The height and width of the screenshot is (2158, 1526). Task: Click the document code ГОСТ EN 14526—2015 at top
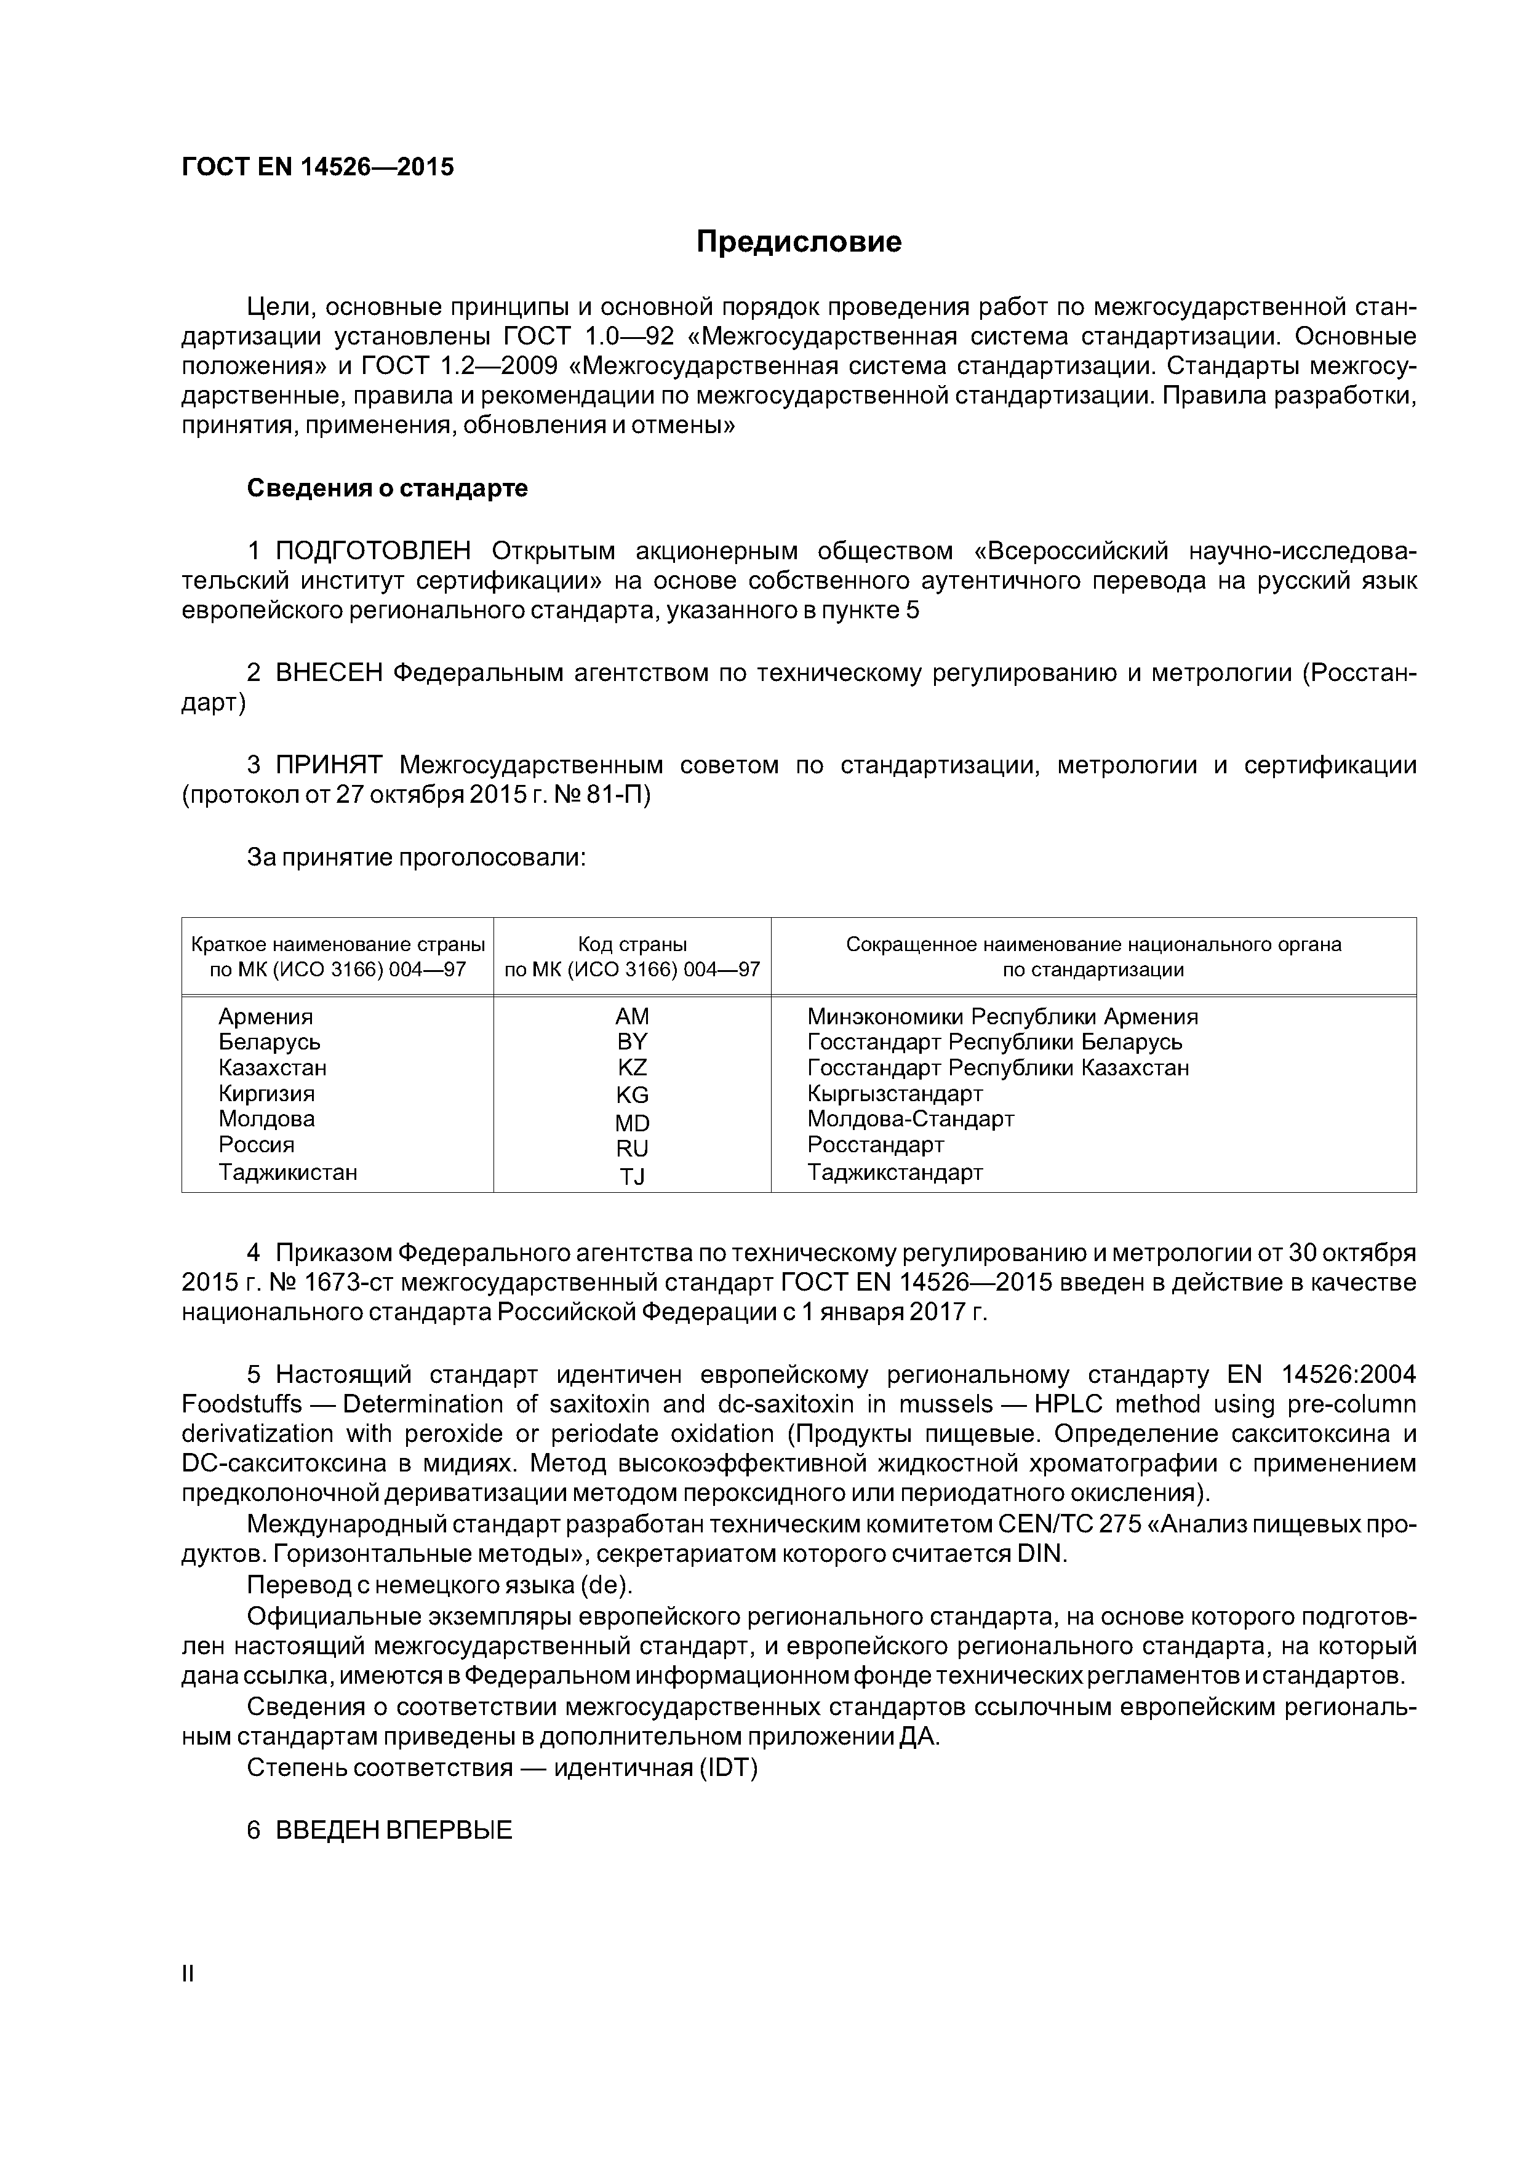(317, 167)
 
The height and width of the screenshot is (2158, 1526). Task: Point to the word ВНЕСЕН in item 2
(329, 673)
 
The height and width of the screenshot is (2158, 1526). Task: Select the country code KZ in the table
(632, 1068)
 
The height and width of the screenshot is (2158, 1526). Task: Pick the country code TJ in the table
(632, 1176)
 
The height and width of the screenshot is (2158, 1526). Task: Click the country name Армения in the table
(265, 1017)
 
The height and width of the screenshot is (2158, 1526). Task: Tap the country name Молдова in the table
(266, 1118)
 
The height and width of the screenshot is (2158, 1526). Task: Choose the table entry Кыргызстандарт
(894, 1093)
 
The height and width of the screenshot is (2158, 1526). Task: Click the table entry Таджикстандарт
(894, 1172)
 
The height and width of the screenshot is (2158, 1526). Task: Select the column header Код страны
(632, 944)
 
